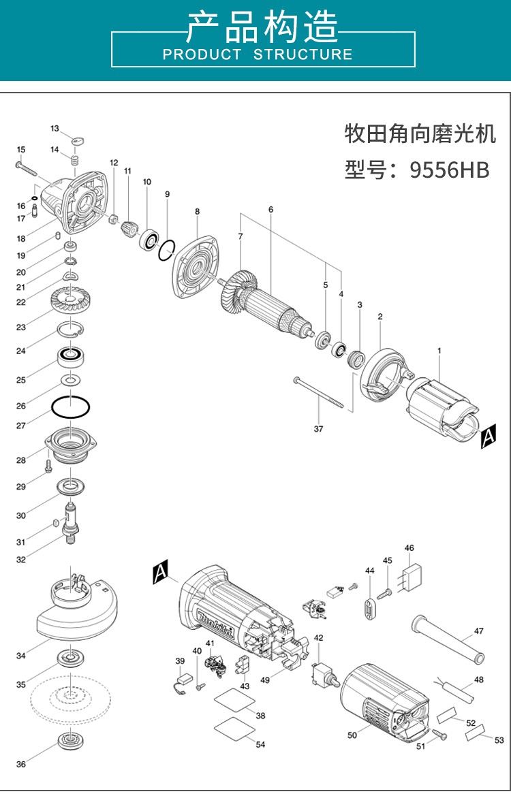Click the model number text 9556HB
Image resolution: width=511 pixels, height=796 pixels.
(x=450, y=170)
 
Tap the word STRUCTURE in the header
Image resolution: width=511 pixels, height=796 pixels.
(x=303, y=54)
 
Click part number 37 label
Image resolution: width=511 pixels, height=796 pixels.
(x=318, y=429)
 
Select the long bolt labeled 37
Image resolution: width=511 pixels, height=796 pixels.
(x=318, y=392)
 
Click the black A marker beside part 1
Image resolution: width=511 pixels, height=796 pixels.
(x=488, y=436)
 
